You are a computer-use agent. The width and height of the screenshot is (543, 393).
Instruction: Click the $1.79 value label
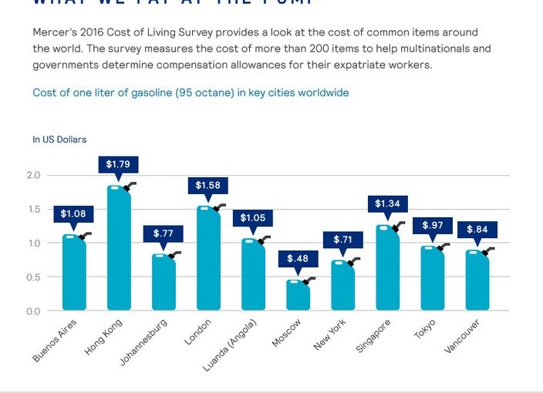pyautogui.click(x=119, y=165)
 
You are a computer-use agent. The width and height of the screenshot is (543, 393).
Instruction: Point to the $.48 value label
pyautogui.click(x=298, y=259)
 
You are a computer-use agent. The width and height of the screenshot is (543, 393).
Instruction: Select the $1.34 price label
pyautogui.click(x=387, y=203)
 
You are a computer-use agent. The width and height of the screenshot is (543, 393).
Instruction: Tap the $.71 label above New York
pyautogui.click(x=343, y=240)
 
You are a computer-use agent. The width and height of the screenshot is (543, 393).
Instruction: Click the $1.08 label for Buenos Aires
pyautogui.click(x=74, y=213)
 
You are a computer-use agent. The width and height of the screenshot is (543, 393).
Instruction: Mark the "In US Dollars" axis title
pyautogui.click(x=59, y=139)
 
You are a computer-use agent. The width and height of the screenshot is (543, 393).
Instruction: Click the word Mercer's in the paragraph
pyautogui.click(x=54, y=32)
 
